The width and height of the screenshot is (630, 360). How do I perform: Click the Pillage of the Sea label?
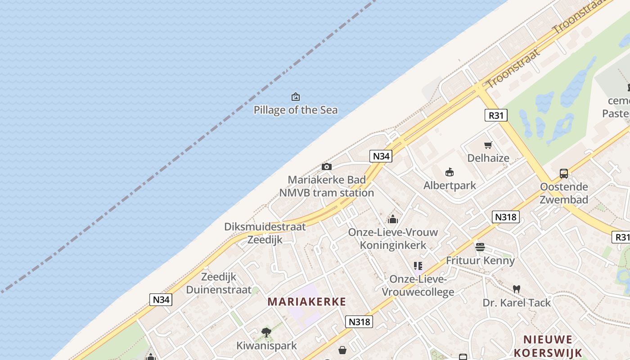pyautogui.click(x=296, y=110)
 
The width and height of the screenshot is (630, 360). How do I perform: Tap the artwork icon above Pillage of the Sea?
pyautogui.click(x=296, y=97)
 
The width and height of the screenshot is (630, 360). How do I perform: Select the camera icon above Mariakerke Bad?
pyautogui.click(x=327, y=167)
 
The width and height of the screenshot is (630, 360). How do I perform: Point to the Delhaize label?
pyautogui.click(x=488, y=158)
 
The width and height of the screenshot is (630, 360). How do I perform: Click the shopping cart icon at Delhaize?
pyautogui.click(x=488, y=145)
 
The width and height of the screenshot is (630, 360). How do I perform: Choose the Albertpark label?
pyautogui.click(x=450, y=185)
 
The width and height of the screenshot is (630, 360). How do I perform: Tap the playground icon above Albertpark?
pyautogui.click(x=450, y=172)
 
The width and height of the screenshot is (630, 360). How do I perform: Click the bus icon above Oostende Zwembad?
pyautogui.click(x=564, y=173)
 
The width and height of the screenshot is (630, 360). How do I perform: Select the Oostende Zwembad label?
pyautogui.click(x=564, y=193)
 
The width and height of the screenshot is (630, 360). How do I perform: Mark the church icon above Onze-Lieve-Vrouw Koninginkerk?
pyautogui.click(x=393, y=220)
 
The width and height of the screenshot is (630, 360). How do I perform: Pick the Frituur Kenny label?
pyautogui.click(x=480, y=260)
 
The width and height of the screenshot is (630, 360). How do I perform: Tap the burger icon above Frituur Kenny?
pyautogui.click(x=480, y=247)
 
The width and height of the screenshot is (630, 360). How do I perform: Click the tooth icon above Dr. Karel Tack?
pyautogui.click(x=517, y=289)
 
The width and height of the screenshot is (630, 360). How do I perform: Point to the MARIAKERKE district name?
pyautogui.click(x=307, y=301)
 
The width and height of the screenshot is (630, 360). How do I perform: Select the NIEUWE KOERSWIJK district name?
pyautogui.click(x=548, y=346)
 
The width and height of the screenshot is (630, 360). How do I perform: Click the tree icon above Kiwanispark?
pyautogui.click(x=266, y=333)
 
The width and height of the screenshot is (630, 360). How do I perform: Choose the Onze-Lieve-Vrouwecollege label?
pyautogui.click(x=418, y=286)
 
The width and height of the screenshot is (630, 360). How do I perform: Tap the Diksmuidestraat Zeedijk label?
pyautogui.click(x=265, y=233)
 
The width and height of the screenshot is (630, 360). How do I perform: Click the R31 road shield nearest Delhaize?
pyautogui.click(x=496, y=115)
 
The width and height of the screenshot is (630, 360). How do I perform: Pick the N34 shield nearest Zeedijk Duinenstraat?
pyautogui.click(x=161, y=299)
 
